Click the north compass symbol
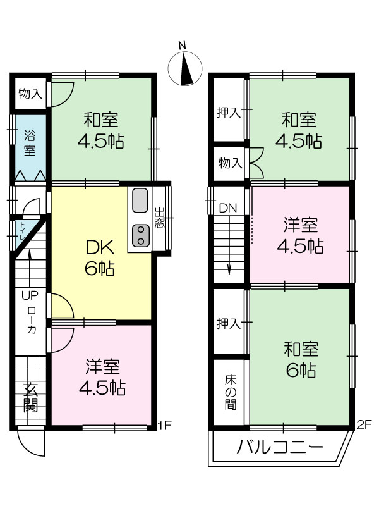(185, 68)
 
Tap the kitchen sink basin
(140, 201)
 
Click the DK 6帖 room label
(100, 258)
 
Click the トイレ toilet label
(22, 230)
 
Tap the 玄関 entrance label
(31, 398)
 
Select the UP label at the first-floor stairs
(30, 295)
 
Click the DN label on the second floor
(228, 208)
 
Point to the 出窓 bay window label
(159, 218)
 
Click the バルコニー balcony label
(280, 447)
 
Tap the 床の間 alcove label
(231, 392)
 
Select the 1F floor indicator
(165, 425)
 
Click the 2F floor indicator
(364, 424)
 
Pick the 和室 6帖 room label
(301, 360)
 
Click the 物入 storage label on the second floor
(231, 163)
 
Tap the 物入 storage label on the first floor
(30, 94)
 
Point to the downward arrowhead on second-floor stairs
(229, 269)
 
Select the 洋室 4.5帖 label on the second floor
(301, 235)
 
